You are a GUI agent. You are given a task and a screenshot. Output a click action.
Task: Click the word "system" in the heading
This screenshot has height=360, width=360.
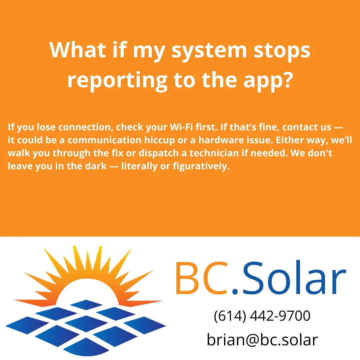[x=209, y=50]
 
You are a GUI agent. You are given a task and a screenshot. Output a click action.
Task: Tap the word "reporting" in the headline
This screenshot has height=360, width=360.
[x=117, y=80]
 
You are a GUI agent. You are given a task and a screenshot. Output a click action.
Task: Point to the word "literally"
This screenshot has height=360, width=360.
[x=140, y=166]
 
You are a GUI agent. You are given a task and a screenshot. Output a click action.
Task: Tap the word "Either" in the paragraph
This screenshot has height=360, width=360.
[x=288, y=140]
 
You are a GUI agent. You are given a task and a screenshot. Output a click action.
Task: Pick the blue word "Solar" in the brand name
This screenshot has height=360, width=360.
[x=293, y=279]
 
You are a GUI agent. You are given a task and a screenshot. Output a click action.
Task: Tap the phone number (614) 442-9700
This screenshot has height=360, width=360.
[x=262, y=316]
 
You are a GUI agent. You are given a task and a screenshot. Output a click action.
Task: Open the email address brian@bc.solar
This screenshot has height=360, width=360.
[x=262, y=340]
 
